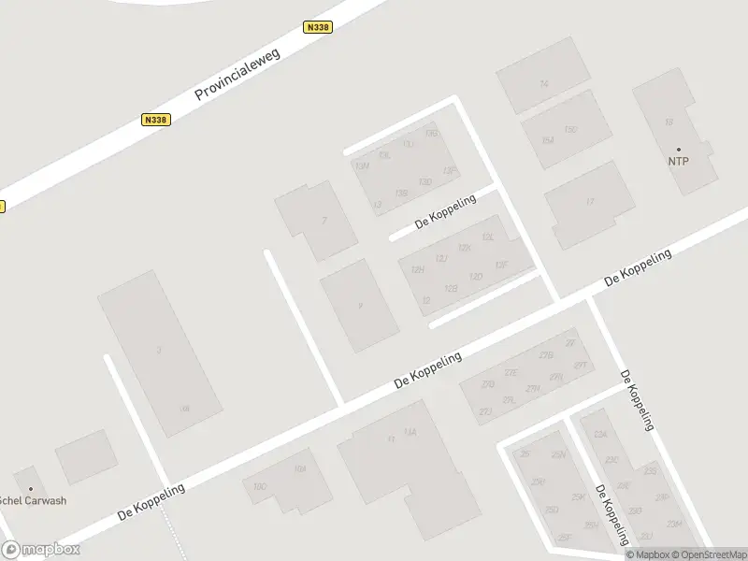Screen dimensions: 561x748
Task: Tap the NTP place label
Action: pyautogui.click(x=678, y=161)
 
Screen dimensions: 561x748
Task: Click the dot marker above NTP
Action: pyautogui.click(x=679, y=150)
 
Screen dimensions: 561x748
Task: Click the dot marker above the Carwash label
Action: pyautogui.click(x=30, y=488)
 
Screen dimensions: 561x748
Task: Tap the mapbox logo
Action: pyautogui.click(x=40, y=550)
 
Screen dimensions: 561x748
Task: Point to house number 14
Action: pyautogui.click(x=543, y=84)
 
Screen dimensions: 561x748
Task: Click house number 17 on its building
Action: pyautogui.click(x=589, y=201)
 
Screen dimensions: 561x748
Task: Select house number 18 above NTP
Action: pyautogui.click(x=669, y=122)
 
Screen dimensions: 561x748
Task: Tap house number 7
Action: pyautogui.click(x=324, y=221)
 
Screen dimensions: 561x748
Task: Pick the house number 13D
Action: pyautogui.click(x=425, y=181)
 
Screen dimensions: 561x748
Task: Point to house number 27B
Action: pyautogui.click(x=547, y=355)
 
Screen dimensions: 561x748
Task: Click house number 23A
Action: pyautogui.click(x=600, y=435)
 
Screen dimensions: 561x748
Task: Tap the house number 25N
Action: pyautogui.click(x=558, y=454)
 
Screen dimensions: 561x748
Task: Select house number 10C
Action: pyautogui.click(x=260, y=486)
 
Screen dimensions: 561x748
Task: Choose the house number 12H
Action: pyautogui.click(x=418, y=270)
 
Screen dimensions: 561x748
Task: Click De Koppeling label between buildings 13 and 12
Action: pyautogui.click(x=446, y=210)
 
